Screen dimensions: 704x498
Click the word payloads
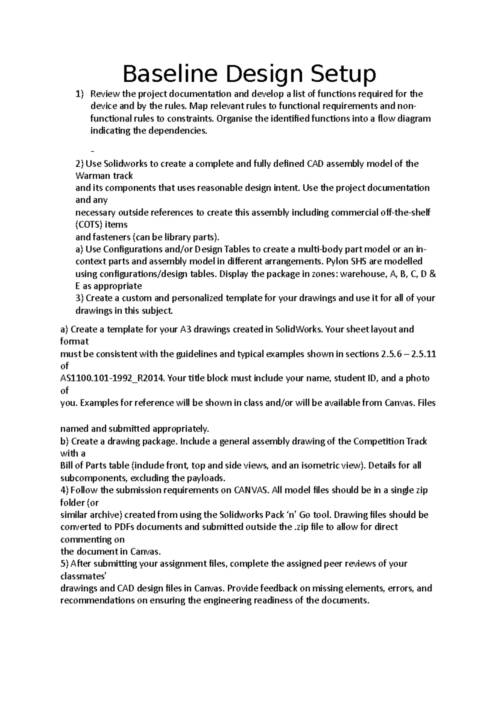(203, 478)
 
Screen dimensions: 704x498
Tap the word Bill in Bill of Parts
(67, 466)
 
